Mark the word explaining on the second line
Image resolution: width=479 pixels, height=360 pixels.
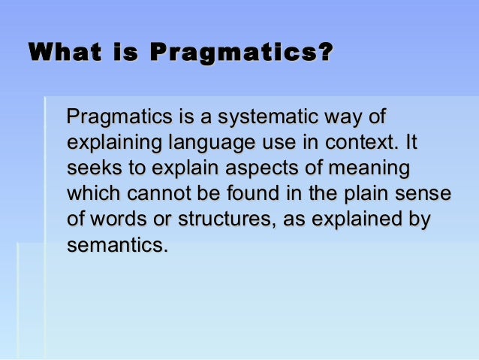point(113,143)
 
